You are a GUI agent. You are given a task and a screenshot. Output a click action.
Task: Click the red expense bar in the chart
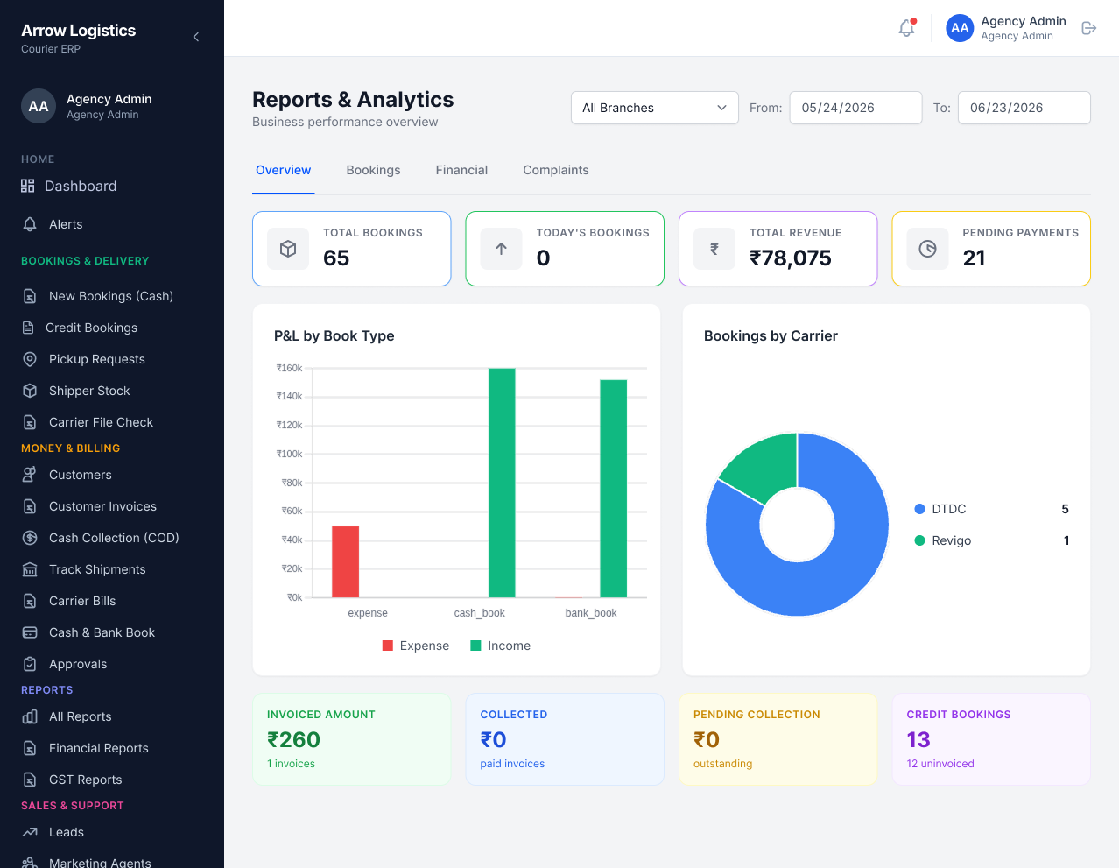pyautogui.click(x=345, y=561)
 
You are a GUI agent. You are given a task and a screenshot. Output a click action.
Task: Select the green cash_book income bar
pyautogui.click(x=502, y=483)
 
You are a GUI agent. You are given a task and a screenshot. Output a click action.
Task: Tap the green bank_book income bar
pyautogui.click(x=613, y=489)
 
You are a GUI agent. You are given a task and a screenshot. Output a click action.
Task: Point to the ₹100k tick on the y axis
pyautogui.click(x=290, y=454)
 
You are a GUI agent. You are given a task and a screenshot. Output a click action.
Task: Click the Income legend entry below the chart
pyautogui.click(x=501, y=646)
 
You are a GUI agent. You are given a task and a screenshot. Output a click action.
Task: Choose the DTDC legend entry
pyautogui.click(x=940, y=509)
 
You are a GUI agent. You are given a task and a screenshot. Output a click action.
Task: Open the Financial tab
pyautogui.click(x=461, y=170)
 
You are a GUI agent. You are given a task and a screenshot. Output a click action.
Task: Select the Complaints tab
pyautogui.click(x=556, y=170)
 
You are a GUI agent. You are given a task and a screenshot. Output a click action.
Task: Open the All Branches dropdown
pyautogui.click(x=655, y=108)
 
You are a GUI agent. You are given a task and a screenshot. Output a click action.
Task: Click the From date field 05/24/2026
pyautogui.click(x=855, y=108)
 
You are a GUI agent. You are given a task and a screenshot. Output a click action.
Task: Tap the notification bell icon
pyautogui.click(x=906, y=28)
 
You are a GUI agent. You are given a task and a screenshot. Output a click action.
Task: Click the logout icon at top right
pyautogui.click(x=1088, y=28)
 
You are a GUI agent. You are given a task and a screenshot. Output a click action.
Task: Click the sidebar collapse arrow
pyautogui.click(x=196, y=37)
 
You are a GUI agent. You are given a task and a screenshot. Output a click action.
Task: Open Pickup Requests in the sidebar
pyautogui.click(x=97, y=359)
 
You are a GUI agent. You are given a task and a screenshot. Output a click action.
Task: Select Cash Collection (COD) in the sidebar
pyautogui.click(x=114, y=538)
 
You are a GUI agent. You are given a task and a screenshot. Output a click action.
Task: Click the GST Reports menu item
pyautogui.click(x=86, y=780)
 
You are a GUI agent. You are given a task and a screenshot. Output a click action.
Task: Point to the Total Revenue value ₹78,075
pyautogui.click(x=790, y=258)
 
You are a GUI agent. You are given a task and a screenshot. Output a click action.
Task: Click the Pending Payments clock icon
pyautogui.click(x=927, y=249)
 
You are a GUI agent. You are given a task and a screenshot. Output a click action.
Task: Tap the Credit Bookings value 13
pyautogui.click(x=918, y=740)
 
